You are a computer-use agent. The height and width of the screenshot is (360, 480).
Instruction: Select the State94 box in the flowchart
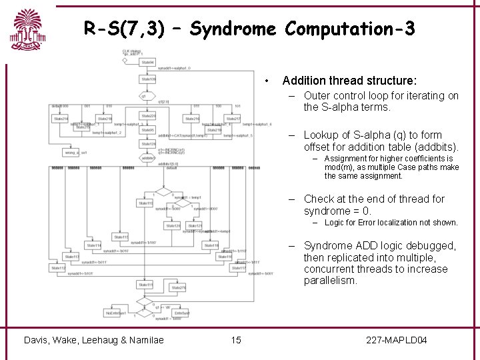tap(147, 62)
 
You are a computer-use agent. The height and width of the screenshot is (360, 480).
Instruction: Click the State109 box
tap(147, 79)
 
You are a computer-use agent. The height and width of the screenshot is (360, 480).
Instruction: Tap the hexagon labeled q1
tap(143, 96)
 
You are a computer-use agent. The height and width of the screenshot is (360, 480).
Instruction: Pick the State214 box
tap(61, 119)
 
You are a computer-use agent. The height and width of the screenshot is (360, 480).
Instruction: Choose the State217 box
tap(233, 119)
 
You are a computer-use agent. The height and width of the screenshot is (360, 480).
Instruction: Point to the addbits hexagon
tap(147, 158)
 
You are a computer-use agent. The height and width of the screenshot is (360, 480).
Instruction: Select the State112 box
tap(59, 269)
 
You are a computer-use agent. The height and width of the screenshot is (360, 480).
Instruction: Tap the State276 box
tap(177, 287)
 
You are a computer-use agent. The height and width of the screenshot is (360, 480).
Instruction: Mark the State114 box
tap(94, 245)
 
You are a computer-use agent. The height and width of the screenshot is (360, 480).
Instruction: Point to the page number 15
tap(236, 340)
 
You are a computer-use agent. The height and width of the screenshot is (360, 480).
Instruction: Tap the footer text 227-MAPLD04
tap(397, 340)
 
